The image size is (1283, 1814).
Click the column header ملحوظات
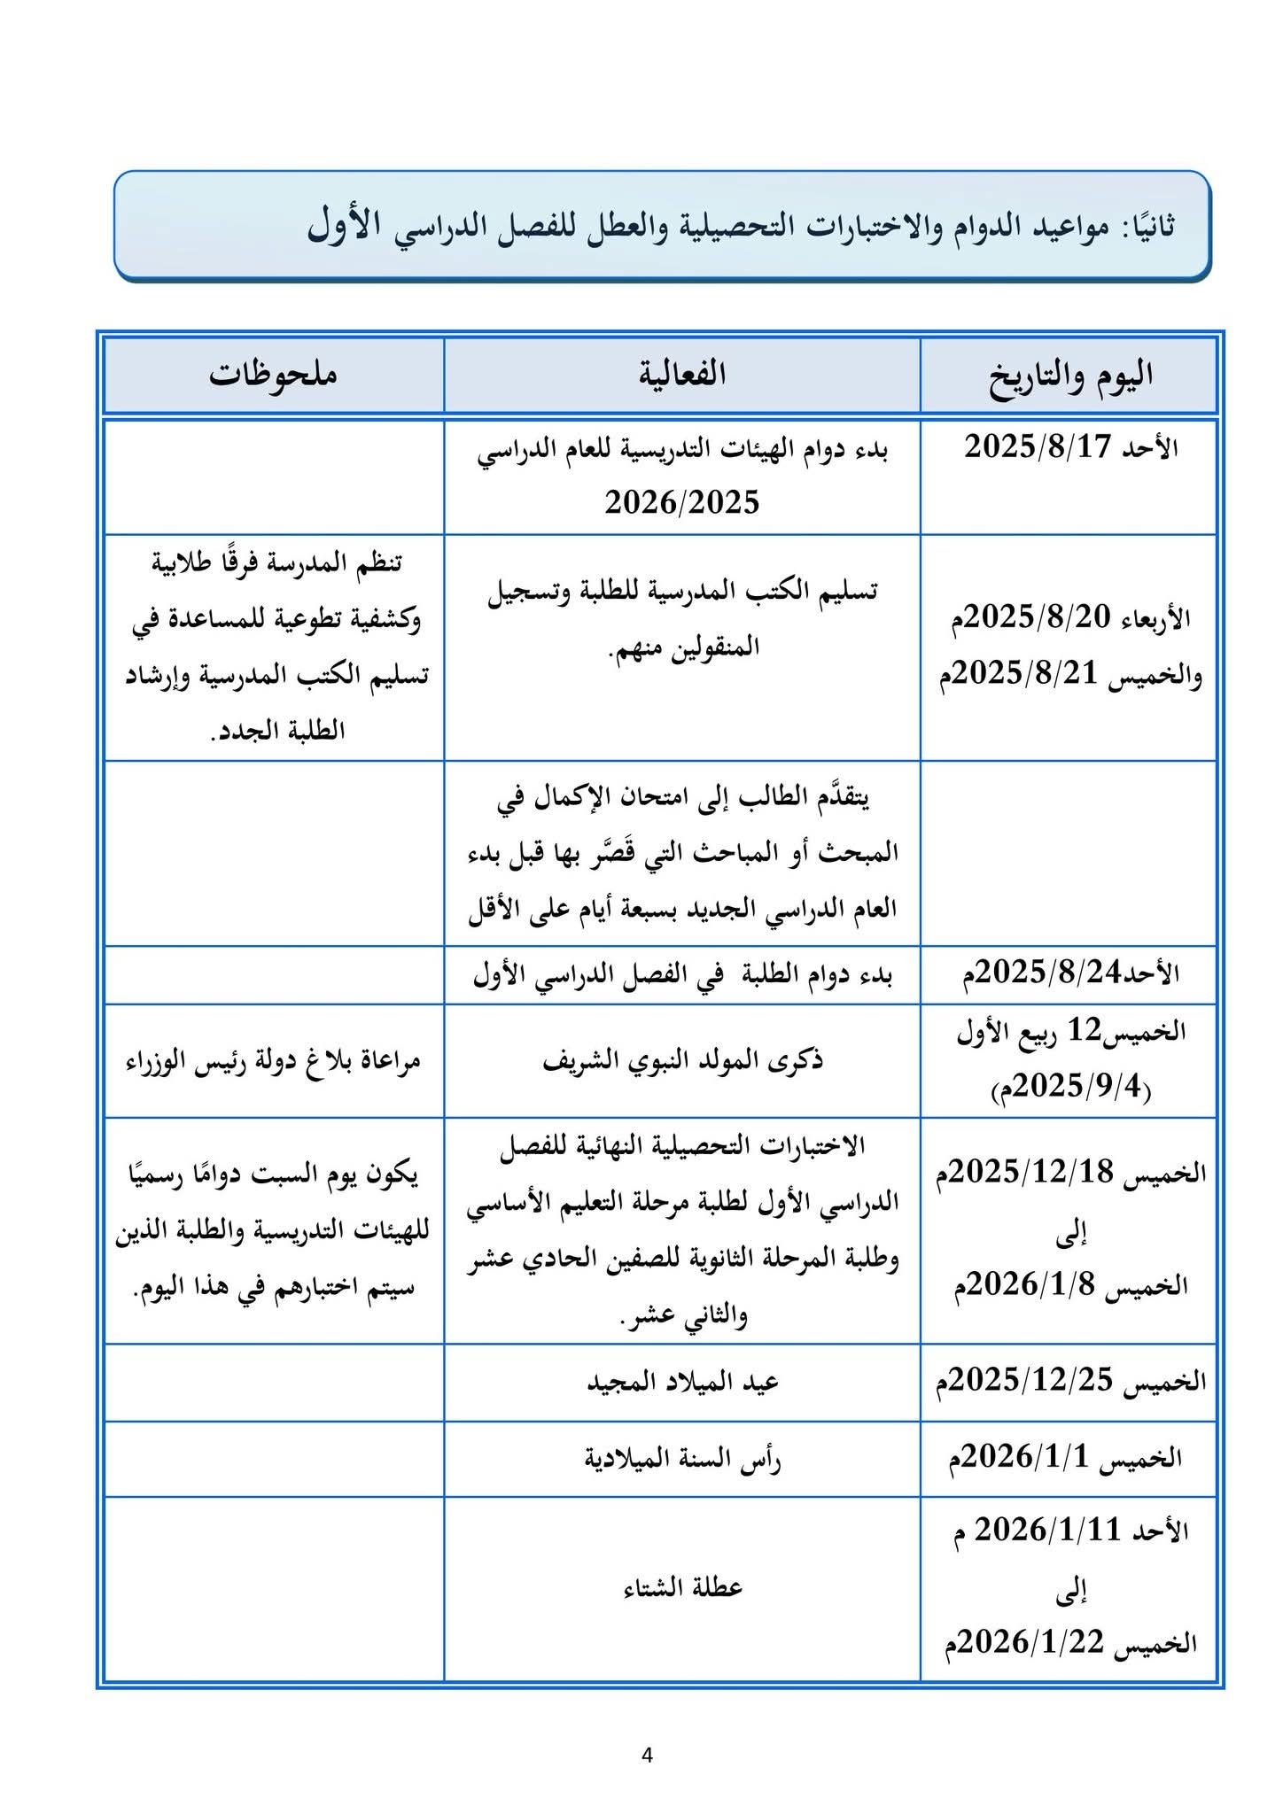point(273,374)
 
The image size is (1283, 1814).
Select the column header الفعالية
point(681,374)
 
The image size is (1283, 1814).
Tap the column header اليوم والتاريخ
point(1070,376)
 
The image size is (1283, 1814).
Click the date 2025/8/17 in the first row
point(1037,446)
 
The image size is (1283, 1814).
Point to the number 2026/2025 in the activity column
point(681,503)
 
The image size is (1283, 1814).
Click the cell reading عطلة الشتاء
point(681,1587)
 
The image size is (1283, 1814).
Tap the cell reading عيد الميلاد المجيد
point(681,1382)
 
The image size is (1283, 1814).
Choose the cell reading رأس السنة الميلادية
point(681,1459)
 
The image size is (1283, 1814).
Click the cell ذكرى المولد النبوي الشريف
point(681,1060)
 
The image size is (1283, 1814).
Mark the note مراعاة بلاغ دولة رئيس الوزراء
point(273,1060)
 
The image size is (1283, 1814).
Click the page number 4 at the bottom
point(646,1755)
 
